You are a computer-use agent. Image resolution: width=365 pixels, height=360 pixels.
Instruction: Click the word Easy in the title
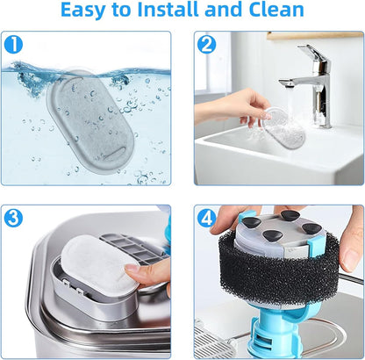[82, 11]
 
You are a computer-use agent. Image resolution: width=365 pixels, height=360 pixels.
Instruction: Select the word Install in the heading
[168, 10]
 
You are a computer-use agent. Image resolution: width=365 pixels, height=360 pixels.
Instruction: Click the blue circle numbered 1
[13, 44]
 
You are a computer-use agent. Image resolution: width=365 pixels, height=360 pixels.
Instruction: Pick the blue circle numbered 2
[206, 44]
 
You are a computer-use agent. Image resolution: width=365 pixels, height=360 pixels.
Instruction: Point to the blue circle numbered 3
[13, 218]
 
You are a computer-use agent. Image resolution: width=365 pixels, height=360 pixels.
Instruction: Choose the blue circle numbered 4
[206, 218]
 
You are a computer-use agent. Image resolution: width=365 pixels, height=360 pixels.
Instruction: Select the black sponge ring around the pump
[278, 270]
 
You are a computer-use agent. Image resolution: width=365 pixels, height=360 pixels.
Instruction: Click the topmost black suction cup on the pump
[289, 214]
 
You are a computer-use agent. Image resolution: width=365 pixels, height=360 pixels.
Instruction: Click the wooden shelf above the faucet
[315, 35]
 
